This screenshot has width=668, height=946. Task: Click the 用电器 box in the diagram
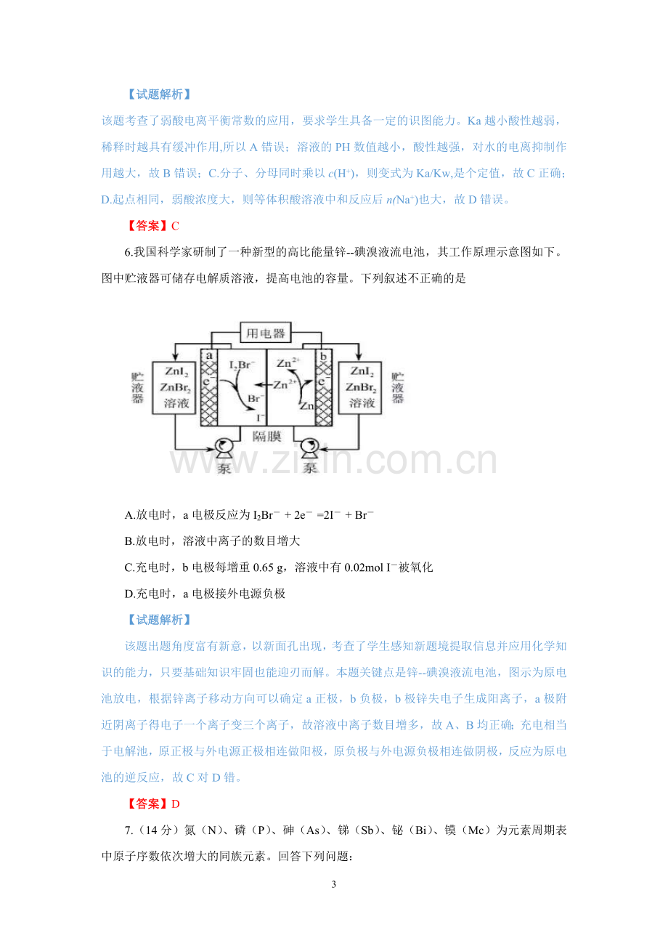pyautogui.click(x=266, y=333)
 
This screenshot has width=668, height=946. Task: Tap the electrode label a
pyautogui.click(x=209, y=355)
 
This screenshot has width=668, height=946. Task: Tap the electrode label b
pyautogui.click(x=323, y=356)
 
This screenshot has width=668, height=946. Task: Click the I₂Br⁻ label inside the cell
pyautogui.click(x=243, y=365)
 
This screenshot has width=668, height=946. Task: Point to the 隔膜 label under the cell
pyautogui.click(x=266, y=436)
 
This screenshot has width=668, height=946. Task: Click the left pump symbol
pyautogui.click(x=224, y=448)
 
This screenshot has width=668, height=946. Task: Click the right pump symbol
pyautogui.click(x=310, y=448)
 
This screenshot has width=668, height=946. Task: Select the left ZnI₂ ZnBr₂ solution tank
pyautogui.click(x=174, y=387)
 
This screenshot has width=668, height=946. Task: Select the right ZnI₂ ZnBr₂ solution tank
pyautogui.click(x=360, y=387)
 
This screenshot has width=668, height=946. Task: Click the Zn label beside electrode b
pyautogui.click(x=307, y=406)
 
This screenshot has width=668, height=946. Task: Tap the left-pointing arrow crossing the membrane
pyautogui.click(x=264, y=385)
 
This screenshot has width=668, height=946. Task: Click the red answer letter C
pyautogui.click(x=175, y=227)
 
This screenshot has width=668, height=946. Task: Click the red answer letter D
pyautogui.click(x=176, y=804)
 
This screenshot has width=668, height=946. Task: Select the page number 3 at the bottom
pyautogui.click(x=334, y=884)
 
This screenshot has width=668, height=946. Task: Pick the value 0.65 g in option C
pyautogui.click(x=269, y=567)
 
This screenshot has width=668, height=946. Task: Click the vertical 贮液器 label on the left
pyautogui.click(x=137, y=388)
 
